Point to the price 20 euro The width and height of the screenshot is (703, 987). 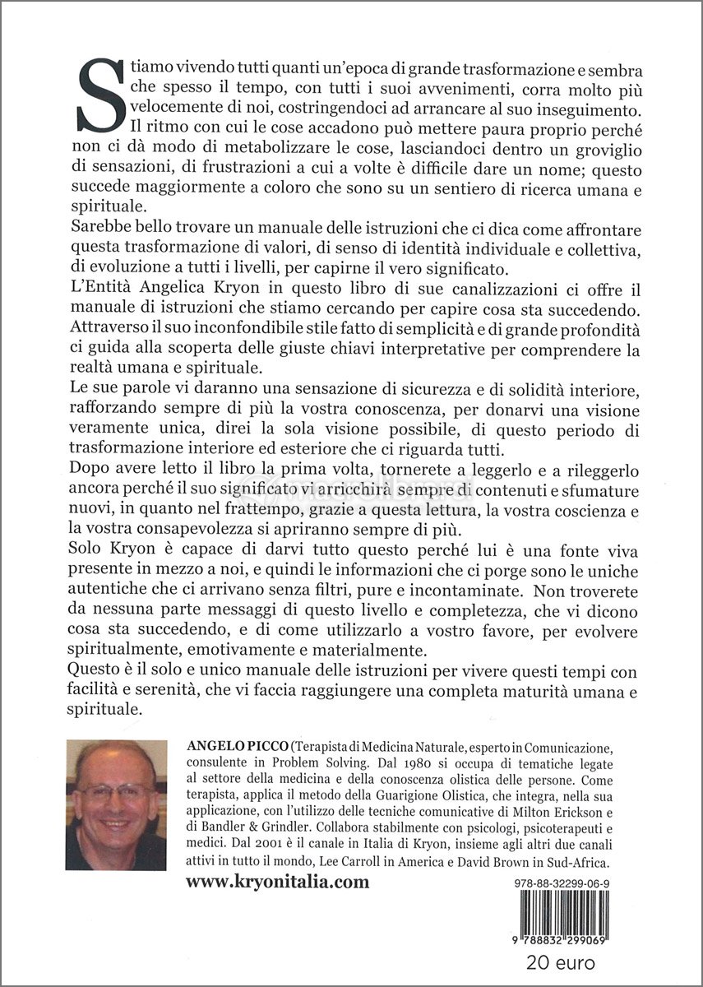pyautogui.click(x=561, y=962)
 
